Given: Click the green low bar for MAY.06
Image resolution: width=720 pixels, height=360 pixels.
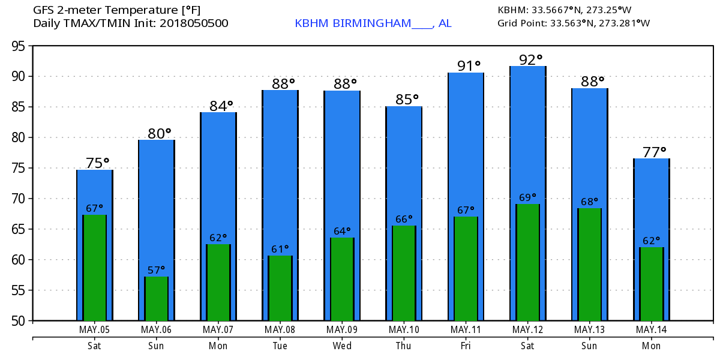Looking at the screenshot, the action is [156, 299].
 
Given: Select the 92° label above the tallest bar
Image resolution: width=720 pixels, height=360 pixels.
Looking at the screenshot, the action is [530, 60].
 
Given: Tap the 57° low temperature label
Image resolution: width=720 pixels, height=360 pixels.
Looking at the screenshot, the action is [156, 270].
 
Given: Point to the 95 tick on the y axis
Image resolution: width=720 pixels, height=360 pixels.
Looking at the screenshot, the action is [18, 46].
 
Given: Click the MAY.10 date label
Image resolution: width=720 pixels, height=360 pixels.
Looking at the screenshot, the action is [404, 329].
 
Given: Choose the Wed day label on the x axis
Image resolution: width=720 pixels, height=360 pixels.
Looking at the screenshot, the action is [342, 346].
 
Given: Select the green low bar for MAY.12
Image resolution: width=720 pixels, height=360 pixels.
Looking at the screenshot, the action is [528, 262].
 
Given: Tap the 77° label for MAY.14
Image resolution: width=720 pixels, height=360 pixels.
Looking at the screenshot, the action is [655, 152].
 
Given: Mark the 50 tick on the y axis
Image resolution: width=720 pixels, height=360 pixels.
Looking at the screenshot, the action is [18, 321].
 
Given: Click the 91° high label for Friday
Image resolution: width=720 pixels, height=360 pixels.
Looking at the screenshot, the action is [469, 66].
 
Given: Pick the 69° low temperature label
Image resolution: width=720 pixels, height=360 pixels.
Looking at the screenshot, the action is [528, 197].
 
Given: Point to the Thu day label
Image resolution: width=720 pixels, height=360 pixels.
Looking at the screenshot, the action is [404, 346].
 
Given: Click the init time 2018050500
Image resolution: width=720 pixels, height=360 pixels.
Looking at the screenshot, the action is [194, 23].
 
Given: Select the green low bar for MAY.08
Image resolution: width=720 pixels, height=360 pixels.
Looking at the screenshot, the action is [280, 288].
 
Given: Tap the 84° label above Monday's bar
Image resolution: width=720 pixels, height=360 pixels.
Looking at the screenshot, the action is [221, 106].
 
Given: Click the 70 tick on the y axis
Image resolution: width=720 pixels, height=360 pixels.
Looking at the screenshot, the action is [18, 199].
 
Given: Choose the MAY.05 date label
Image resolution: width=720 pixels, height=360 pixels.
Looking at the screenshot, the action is [95, 329].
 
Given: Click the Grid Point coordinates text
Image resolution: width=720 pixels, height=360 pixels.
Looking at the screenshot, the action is [574, 23].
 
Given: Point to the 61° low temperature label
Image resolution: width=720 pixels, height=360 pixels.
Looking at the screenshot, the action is [280, 249].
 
